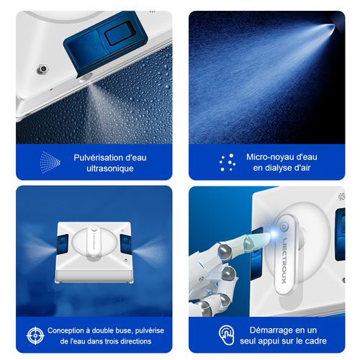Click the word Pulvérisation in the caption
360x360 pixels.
coord(96,157)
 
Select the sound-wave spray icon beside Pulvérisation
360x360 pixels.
coord(50,161)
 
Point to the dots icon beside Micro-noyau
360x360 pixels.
coord(228,162)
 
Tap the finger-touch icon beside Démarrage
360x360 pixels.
coord(226,335)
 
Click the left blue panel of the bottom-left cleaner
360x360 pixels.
coord(63,245)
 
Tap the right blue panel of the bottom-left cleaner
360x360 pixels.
coord(123,245)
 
